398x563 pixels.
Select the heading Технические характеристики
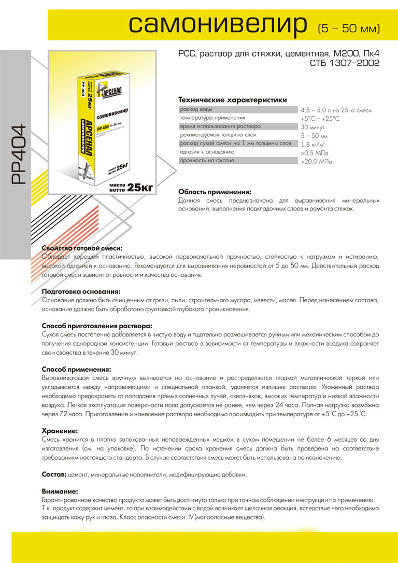pyautogui.click(x=232, y=100)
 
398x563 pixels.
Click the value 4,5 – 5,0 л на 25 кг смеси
pyautogui.click(x=336, y=110)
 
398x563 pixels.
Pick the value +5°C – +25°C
pyautogui.click(x=320, y=119)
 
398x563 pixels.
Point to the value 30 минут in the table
pyautogui.click(x=312, y=127)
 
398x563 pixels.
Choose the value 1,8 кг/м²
pyautogui.click(x=313, y=145)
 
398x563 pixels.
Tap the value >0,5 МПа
pyautogui.click(x=315, y=153)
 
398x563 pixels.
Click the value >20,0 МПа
pyautogui.click(x=316, y=162)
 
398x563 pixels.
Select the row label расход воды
pyautogui.click(x=196, y=110)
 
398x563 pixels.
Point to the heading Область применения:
pyautogui.click(x=215, y=191)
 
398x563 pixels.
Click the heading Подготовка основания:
pyautogui.click(x=81, y=292)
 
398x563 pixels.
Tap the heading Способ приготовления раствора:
pyautogui.click(x=97, y=326)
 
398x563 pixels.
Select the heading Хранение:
pyautogui.click(x=60, y=431)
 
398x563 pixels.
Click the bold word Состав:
pyautogui.click(x=53, y=474)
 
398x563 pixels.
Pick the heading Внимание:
pyautogui.click(x=60, y=491)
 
